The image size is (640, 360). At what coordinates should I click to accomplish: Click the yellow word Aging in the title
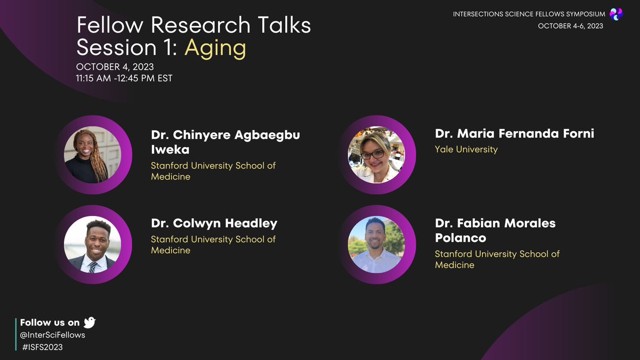tap(215, 48)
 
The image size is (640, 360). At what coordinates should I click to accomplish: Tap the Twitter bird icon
tap(90, 322)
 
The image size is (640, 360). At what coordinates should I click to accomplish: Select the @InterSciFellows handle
tap(52, 335)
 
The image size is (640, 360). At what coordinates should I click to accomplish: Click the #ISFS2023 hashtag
tap(43, 347)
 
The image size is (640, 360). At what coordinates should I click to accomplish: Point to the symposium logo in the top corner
tap(616, 14)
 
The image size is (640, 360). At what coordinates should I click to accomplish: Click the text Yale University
tap(466, 149)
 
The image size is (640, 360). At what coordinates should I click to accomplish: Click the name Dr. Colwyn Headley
tap(214, 223)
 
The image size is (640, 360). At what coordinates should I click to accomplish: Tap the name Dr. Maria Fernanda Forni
tap(514, 133)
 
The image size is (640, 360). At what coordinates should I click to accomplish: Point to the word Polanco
tap(460, 238)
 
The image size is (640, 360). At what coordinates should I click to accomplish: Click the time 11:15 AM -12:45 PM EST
tap(124, 78)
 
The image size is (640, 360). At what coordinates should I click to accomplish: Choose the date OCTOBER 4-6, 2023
tap(571, 26)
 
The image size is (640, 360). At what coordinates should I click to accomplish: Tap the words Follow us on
tap(50, 322)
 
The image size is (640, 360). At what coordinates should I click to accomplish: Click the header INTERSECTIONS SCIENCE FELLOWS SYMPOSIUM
tap(529, 14)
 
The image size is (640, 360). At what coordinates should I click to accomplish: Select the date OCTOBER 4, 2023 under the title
tap(115, 67)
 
